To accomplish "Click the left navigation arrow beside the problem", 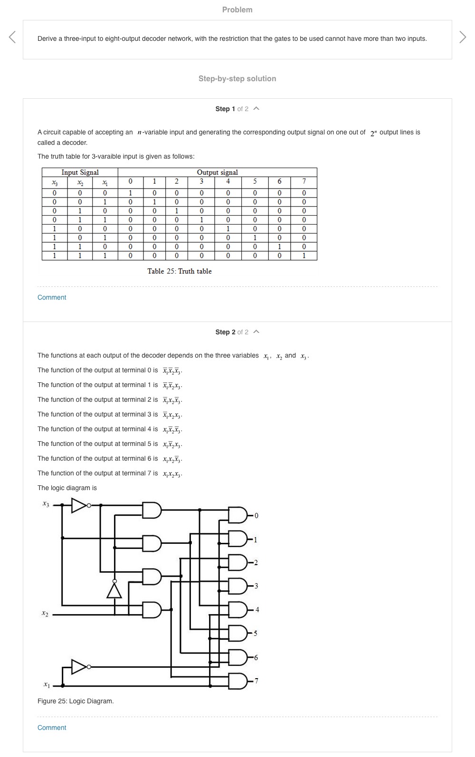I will [12, 37].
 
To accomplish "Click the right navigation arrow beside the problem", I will [463, 37].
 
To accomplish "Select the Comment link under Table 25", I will [52, 297].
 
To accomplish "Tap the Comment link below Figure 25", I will [52, 728].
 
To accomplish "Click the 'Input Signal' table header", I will [80, 172].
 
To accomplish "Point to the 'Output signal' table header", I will [217, 172].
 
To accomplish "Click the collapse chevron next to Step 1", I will [256, 109].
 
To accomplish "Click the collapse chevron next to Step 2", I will [256, 332].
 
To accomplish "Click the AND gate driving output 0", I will [237, 515].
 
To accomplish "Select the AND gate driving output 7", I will [237, 681].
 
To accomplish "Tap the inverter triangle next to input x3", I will [79, 505].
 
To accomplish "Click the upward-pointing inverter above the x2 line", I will [114, 590].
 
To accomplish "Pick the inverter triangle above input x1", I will [79, 667].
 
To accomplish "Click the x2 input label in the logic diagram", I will [45, 614].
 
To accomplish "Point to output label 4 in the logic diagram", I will [257, 609].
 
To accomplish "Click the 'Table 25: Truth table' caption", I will [179, 271].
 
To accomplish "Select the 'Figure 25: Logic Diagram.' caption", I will [76, 701].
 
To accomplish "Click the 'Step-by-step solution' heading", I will [237, 79].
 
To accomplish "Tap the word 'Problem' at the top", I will [237, 9].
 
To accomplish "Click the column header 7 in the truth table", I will [304, 181].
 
